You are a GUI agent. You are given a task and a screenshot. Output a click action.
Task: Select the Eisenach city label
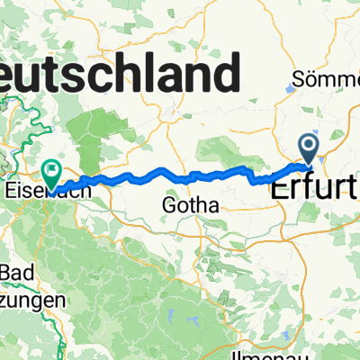click(x=31, y=191)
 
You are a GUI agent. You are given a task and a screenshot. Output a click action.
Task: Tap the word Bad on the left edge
click(x=15, y=273)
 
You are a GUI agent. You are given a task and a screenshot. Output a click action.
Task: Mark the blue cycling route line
click(x=180, y=174)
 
